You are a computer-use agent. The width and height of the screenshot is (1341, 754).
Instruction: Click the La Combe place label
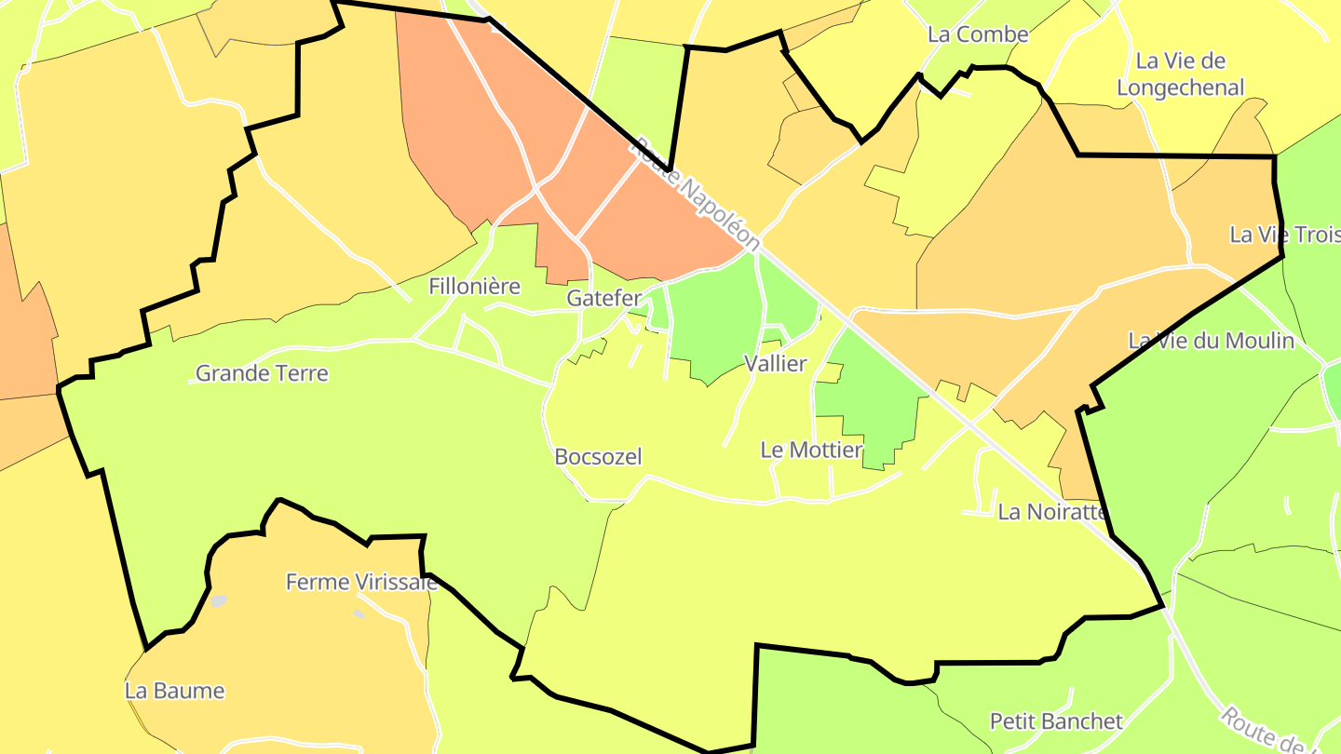click(978, 34)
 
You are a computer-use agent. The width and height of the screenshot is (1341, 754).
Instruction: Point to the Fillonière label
click(474, 287)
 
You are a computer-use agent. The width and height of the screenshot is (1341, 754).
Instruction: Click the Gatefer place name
click(604, 299)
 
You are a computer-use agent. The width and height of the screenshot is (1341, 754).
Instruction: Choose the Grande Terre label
click(262, 374)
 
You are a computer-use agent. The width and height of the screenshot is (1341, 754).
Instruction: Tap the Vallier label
click(776, 364)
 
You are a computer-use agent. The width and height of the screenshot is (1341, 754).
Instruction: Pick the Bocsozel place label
click(598, 457)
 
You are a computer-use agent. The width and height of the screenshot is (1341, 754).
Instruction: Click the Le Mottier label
click(811, 451)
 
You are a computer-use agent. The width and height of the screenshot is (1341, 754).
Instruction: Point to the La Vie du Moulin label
click(1211, 341)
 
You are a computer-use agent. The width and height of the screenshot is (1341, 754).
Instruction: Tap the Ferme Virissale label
click(361, 583)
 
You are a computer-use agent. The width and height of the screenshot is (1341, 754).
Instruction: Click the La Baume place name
click(175, 692)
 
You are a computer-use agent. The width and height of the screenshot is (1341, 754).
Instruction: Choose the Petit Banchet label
click(1056, 721)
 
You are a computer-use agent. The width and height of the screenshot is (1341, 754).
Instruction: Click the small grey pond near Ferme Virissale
click(219, 601)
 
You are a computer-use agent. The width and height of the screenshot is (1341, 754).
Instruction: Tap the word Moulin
click(1258, 341)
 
